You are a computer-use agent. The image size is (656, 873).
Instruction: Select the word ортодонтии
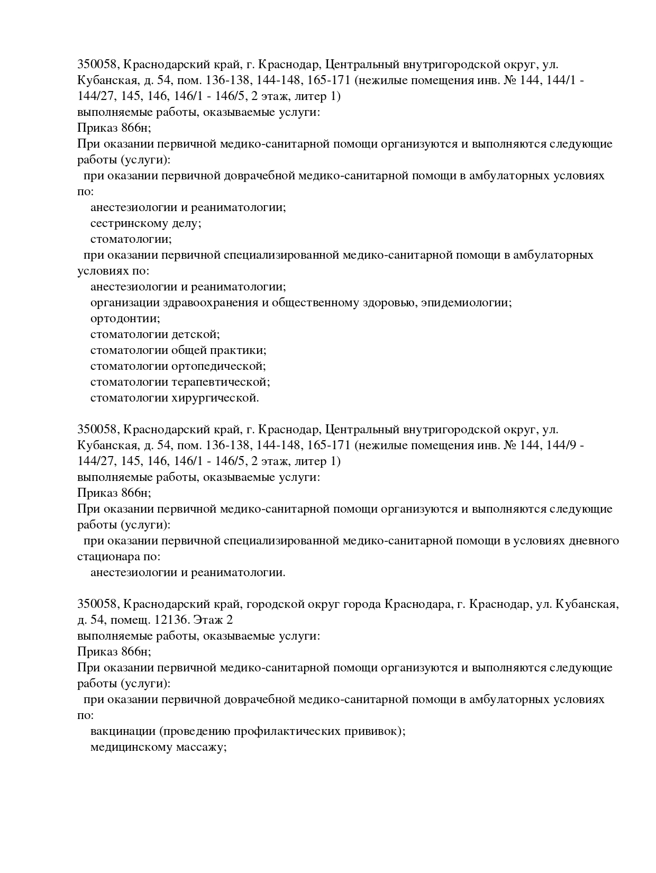point(125,319)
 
